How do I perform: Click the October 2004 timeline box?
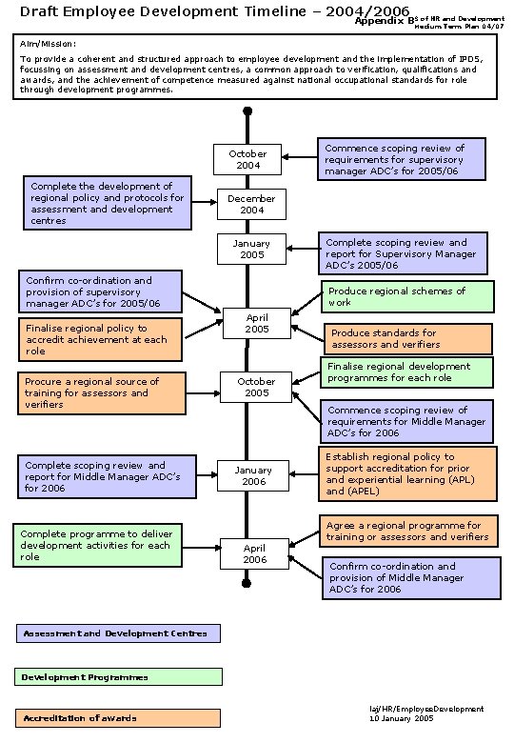[247, 159]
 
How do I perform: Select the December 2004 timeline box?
[251, 204]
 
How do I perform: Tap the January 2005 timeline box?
[251, 249]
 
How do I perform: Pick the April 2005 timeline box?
[257, 323]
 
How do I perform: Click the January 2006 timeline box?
[252, 475]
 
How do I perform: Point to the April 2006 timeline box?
[254, 553]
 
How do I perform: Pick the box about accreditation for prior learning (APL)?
[407, 473]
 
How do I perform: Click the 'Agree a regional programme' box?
[407, 531]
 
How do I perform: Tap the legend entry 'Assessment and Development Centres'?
[118, 633]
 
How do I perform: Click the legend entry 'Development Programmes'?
[119, 676]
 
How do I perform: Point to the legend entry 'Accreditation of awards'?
[118, 717]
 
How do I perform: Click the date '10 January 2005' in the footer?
[402, 718]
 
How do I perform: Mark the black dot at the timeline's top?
[247, 110]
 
